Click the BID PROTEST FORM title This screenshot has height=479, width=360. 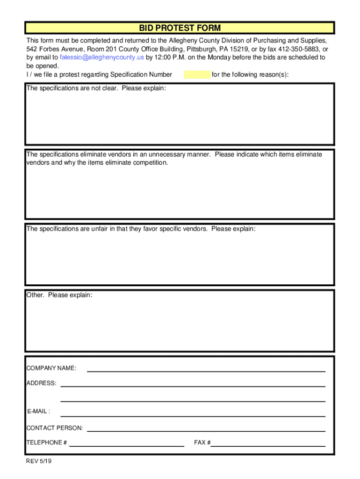(180, 28)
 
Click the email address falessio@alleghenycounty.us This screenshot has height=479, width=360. (102, 58)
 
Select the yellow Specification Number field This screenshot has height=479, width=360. (197, 74)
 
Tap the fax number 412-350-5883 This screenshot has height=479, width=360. (301, 49)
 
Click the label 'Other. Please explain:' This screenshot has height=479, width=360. (59, 295)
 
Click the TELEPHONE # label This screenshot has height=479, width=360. (47, 443)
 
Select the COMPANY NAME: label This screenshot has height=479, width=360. (51, 369)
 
